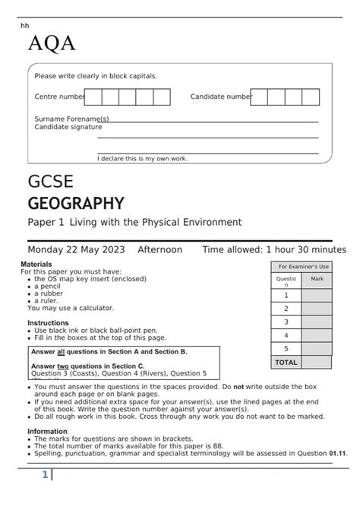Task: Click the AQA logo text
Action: [52, 44]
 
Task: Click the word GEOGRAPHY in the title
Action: [75, 203]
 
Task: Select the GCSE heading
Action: [50, 182]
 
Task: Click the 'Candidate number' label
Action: [220, 97]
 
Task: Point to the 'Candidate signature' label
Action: [68, 127]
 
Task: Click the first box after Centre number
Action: [93, 97]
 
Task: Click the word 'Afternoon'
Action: [159, 249]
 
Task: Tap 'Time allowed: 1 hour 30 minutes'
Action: [273, 249]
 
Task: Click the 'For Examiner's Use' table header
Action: [303, 267]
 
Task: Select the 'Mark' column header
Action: [317, 279]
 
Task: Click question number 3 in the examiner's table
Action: [286, 322]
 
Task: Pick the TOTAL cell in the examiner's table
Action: [286, 362]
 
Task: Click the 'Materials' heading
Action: [36, 264]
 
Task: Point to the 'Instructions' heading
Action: [48, 323]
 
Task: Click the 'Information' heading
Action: [47, 431]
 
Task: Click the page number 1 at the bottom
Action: [45, 475]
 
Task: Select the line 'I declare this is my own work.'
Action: [142, 158]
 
